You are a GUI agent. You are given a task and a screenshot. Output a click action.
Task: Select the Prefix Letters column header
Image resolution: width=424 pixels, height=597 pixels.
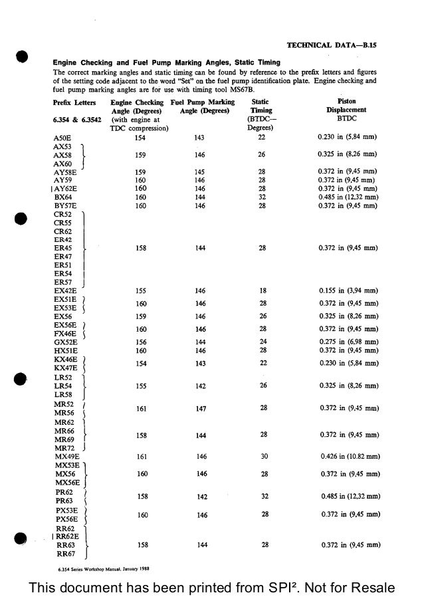coord(74,102)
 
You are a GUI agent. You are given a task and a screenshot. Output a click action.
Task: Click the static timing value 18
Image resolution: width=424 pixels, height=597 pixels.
coord(263,291)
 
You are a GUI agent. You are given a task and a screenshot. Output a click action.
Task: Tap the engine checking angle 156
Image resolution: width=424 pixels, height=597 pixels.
coord(140,342)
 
